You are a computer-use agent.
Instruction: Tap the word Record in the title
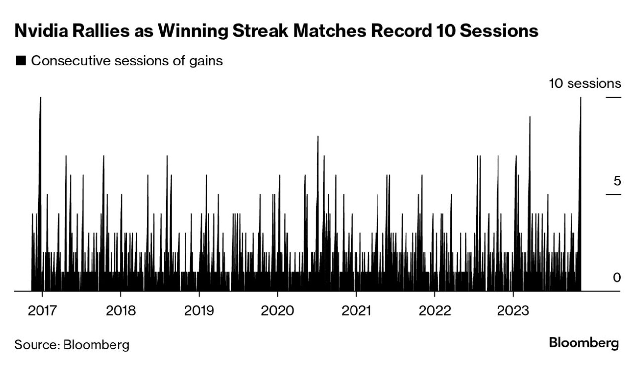[401, 31]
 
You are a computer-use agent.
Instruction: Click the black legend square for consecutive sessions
[21, 61]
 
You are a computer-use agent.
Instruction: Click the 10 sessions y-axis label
[585, 84]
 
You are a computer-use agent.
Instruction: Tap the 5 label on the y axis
[617, 181]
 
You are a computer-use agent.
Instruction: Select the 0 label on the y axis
[617, 278]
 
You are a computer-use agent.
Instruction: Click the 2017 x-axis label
[42, 311]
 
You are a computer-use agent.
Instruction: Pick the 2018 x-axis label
[121, 311]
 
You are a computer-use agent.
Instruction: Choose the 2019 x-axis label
[199, 311]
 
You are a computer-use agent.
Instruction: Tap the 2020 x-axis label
[277, 311]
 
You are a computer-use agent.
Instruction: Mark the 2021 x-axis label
[356, 311]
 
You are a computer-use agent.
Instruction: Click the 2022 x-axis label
[435, 311]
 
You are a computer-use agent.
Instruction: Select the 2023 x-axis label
[513, 311]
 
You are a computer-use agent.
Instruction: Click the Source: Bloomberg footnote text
[72, 345]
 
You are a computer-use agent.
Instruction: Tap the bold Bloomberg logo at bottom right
[584, 343]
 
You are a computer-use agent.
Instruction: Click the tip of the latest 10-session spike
[581, 98]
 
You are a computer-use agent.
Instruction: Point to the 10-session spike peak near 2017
[41, 98]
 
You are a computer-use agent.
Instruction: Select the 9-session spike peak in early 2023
[530, 117]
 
